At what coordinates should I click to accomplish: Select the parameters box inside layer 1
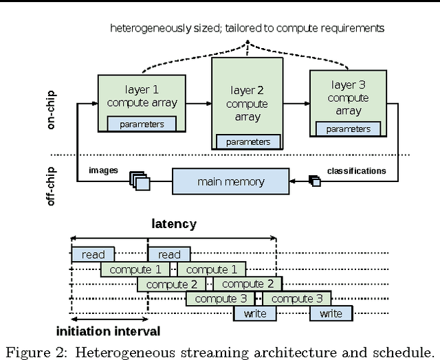pos(142,124)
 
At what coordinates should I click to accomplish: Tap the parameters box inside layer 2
pos(248,142)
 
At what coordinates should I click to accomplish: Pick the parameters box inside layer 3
pos(348,128)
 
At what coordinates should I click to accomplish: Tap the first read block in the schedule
pos(93,254)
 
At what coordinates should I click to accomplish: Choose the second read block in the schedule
pos(169,254)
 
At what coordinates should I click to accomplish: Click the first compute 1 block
pos(135,269)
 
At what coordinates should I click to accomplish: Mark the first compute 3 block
pos(220,298)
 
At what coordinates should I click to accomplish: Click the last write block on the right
pos(331,313)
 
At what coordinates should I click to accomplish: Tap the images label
pos(103,170)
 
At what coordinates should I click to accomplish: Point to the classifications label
pos(356,170)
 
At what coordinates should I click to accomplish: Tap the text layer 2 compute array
pos(247,103)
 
